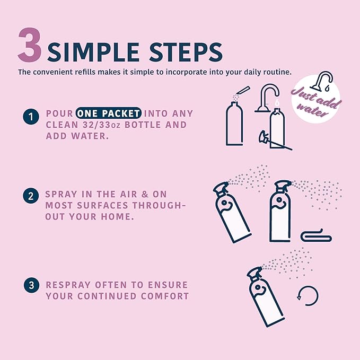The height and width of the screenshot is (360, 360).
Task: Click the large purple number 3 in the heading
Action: pyautogui.click(x=30, y=45)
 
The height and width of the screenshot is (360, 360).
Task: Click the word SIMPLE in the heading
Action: pyautogui.click(x=93, y=52)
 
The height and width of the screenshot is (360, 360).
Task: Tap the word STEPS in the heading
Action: pyautogui.click(x=186, y=52)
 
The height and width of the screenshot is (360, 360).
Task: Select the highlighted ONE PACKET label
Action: pyautogui.click(x=108, y=113)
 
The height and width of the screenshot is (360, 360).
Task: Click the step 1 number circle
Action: pyautogui.click(x=31, y=117)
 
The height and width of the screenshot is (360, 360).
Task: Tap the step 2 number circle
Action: pyautogui.click(x=31, y=196)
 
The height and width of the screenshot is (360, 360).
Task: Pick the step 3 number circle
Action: pyautogui.click(x=31, y=285)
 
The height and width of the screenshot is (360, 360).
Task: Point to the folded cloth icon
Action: pyautogui.click(x=316, y=236)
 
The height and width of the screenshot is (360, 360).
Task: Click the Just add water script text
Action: pyautogui.click(x=315, y=102)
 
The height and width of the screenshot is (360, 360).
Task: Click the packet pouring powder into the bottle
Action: pyautogui.click(x=243, y=90)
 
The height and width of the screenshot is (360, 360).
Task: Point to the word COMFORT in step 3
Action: pyautogui.click(x=165, y=296)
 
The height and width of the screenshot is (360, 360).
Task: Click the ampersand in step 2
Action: pyautogui.click(x=145, y=194)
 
